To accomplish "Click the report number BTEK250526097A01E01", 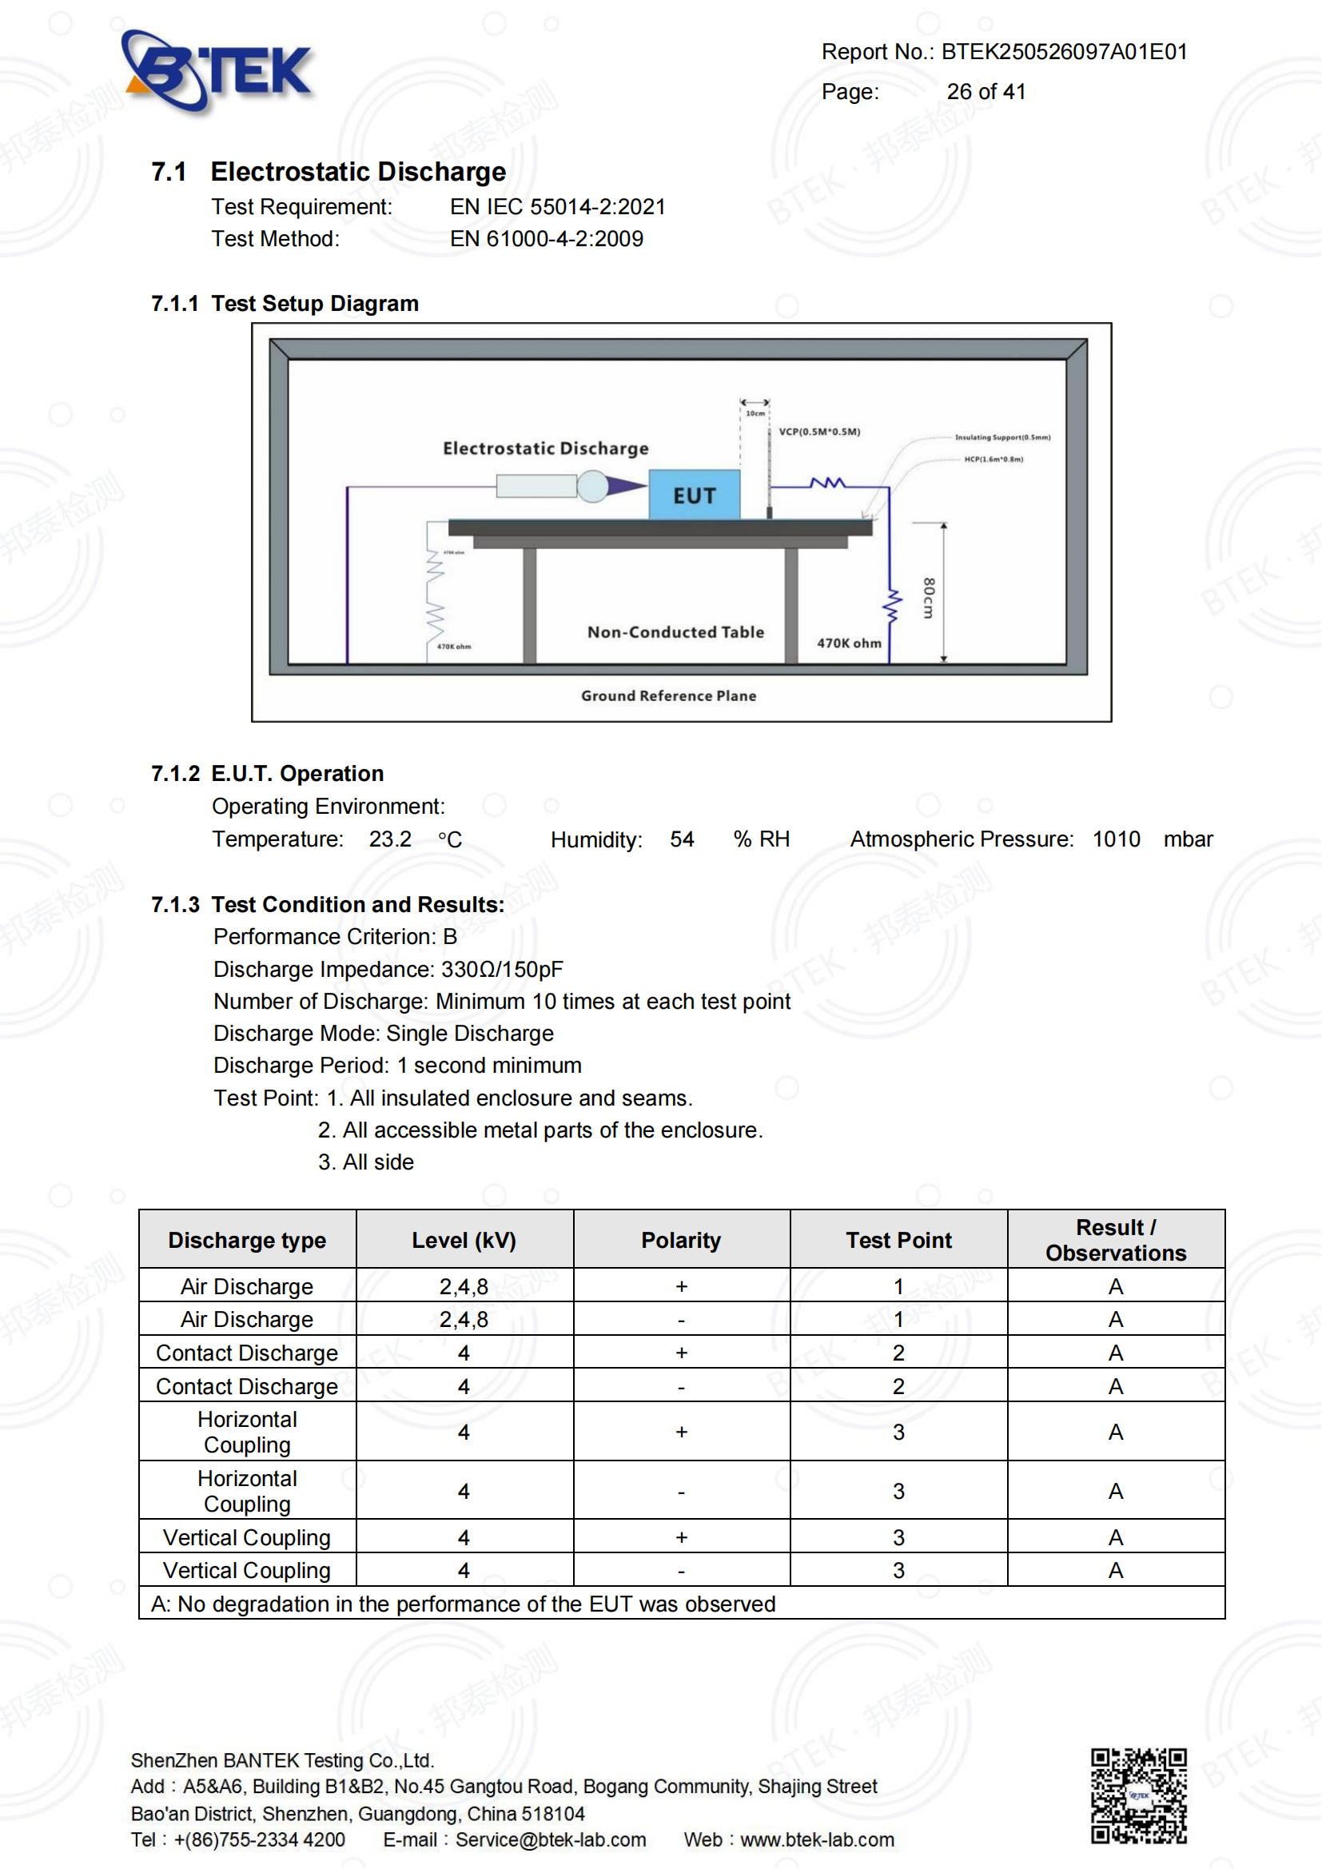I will (1064, 52).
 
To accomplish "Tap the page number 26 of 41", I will (986, 92).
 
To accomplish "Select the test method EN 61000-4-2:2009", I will (546, 239).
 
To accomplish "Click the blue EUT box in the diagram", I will (695, 495).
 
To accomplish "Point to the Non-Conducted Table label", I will (675, 632).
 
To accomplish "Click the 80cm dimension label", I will (929, 598).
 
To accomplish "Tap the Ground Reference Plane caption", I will (668, 696).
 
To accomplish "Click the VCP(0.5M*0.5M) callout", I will (819, 432).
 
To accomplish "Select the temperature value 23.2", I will (390, 839).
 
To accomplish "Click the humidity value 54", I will (682, 839).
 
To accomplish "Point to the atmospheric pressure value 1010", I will (1116, 839).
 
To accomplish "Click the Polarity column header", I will (681, 1241).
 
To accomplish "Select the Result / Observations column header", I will (1116, 1241).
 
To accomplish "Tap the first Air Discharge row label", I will (247, 1287).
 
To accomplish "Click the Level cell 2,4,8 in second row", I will (464, 1320).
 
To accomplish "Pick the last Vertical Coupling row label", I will (247, 1571).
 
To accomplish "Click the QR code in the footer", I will (1139, 1795).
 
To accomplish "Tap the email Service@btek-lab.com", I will (550, 1840).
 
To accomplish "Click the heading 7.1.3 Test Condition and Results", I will (328, 905).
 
